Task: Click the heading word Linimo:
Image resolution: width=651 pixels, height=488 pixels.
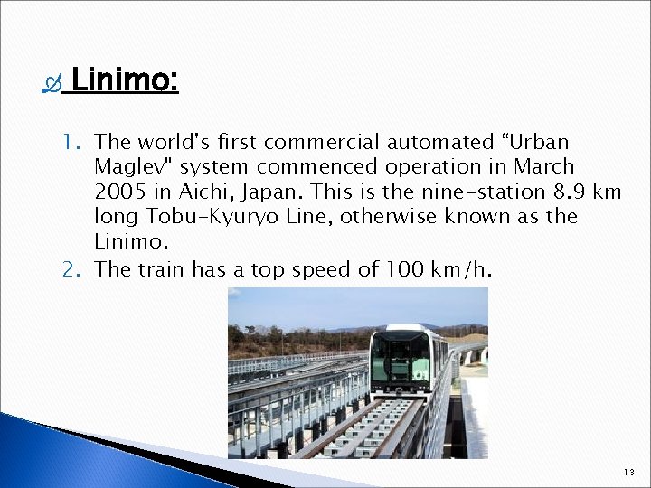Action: pos(125,81)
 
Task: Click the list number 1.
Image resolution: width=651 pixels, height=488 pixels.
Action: pos(72,142)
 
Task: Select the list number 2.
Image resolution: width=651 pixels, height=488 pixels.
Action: pos(72,268)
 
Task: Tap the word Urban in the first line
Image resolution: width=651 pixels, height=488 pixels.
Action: pos(537,142)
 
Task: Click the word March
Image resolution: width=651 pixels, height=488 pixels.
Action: pos(543,167)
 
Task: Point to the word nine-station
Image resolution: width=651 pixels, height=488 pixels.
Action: pos(473,192)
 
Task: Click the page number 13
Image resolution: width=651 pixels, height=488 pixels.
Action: pos(629,473)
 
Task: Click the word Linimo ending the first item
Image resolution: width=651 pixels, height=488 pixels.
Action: pos(129,242)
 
